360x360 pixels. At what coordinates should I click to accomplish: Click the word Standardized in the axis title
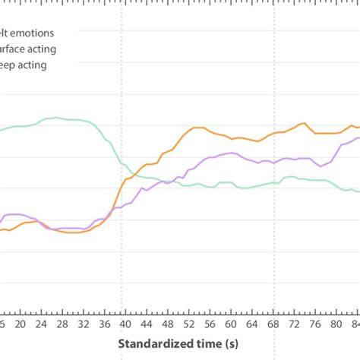coord(155,345)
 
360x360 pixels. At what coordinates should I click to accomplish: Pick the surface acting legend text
coord(27,49)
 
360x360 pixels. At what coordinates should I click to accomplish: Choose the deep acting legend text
coord(23,65)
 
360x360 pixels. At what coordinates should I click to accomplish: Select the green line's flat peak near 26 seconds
coord(53,118)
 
